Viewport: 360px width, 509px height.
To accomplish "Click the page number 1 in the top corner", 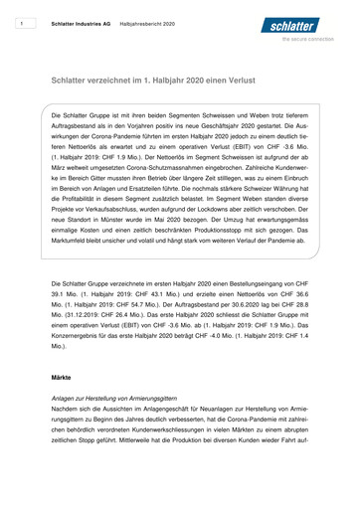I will (21, 20).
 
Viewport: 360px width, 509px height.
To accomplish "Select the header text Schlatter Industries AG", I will (81, 20).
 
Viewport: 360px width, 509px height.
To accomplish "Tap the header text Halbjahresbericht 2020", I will (148, 20).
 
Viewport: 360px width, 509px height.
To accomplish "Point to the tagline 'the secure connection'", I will (314, 39).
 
